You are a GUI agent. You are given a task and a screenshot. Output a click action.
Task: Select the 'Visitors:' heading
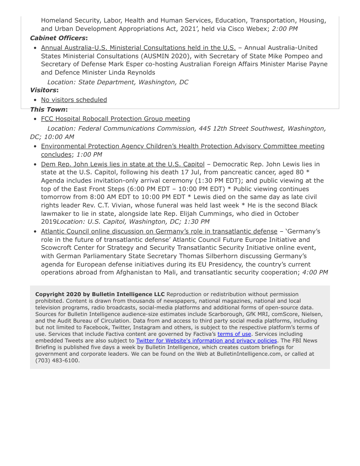pos(44,90)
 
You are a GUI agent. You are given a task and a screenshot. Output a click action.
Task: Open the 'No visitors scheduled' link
pos(74,100)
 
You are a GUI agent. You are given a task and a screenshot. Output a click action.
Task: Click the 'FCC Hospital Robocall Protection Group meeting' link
pos(116,119)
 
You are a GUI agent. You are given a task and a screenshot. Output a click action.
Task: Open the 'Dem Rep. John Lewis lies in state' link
pos(123,164)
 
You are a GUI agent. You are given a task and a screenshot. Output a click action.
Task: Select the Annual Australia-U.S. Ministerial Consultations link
pos(138,48)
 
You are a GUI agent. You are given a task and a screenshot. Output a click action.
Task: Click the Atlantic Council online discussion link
pos(159,231)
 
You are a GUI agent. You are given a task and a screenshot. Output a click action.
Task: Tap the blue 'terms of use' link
pos(234,334)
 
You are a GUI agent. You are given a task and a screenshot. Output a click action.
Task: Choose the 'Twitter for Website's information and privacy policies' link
pos(206,341)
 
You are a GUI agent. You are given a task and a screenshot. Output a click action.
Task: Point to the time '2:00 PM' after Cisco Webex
pos(285,29)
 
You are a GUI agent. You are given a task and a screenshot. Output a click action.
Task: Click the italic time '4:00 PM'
pos(315,272)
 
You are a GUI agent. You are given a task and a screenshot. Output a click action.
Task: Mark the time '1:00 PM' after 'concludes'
pos(89,154)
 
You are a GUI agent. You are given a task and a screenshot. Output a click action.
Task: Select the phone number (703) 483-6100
pos(57,361)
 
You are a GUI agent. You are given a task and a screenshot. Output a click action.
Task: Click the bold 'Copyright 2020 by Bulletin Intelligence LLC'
pos(100,294)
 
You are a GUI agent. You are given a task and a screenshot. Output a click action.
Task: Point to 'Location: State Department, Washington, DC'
pos(118,82)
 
